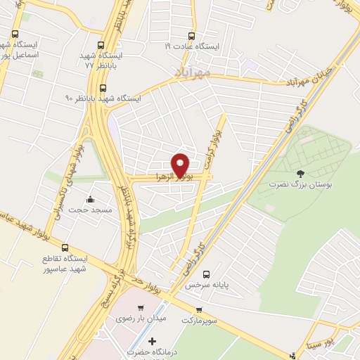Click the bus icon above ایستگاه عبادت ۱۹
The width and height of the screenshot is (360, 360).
click(x=190, y=37)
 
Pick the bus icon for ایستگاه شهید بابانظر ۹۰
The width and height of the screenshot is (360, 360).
click(x=103, y=88)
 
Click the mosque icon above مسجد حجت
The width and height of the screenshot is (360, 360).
click(x=90, y=198)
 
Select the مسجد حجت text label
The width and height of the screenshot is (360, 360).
click(x=91, y=210)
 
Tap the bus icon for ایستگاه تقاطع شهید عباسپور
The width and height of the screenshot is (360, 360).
click(x=65, y=247)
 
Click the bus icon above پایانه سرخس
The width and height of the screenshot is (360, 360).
click(x=206, y=274)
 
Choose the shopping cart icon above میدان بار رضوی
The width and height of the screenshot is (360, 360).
click(x=141, y=308)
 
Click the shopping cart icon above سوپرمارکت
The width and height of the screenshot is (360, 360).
click(x=200, y=309)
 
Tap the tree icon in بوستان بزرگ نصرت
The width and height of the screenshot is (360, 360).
click(x=301, y=173)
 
